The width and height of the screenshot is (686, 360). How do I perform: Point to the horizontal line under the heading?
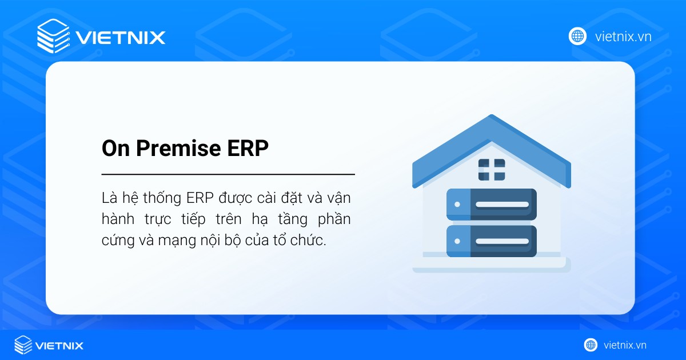coord(228,174)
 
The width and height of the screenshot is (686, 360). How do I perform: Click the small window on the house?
coord(492,169)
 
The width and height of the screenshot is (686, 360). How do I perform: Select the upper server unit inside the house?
coord(491,204)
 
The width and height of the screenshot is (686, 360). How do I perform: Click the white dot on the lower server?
coord(457,241)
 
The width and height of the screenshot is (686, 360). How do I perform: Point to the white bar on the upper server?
coord(502,204)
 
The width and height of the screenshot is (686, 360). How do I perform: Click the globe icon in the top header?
coord(577,36)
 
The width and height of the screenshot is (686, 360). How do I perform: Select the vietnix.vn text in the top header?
coord(623,37)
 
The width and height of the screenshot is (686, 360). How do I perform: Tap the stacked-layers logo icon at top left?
coord(52,36)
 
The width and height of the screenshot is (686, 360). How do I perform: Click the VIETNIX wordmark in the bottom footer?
coord(59,345)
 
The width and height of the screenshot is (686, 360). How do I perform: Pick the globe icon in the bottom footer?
coord(591,345)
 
